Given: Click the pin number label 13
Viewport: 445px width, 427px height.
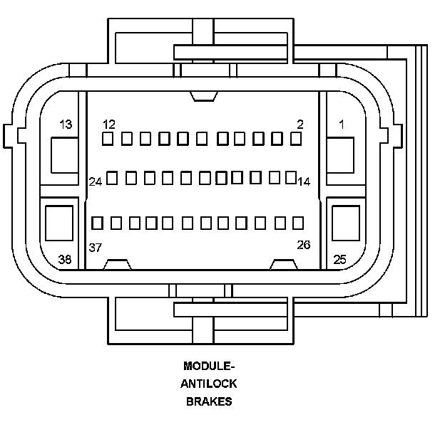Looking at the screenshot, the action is [66, 125].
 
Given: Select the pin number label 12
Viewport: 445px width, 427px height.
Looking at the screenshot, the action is [109, 125].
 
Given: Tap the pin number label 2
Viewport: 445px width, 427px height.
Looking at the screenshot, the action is [300, 125].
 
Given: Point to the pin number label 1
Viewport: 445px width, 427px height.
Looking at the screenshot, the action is [342, 125].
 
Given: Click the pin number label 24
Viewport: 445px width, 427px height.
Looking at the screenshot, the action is [96, 181].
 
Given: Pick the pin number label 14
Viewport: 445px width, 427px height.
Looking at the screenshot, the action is [304, 181].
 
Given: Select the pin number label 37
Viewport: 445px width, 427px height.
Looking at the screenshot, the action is [96, 248].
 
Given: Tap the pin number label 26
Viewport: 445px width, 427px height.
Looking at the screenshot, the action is [304, 245].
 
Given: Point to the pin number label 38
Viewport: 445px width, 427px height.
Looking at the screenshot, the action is [65, 259].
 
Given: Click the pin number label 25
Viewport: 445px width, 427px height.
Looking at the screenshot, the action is [339, 259].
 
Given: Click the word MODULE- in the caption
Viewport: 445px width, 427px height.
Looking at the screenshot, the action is [209, 366].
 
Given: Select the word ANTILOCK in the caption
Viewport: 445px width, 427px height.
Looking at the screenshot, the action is [208, 384].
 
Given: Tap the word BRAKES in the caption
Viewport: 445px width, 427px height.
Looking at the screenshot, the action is [209, 401].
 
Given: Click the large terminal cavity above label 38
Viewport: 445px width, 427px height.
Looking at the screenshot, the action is [59, 223].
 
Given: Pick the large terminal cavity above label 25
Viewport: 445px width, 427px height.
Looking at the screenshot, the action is [346, 223].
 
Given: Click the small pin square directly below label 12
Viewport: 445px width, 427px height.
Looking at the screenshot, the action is [108, 139].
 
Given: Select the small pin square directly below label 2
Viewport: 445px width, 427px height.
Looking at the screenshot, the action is [296, 139].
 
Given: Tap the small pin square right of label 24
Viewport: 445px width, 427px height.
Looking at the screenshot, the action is [112, 178].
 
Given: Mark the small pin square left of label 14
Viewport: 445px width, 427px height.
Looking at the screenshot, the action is [291, 177].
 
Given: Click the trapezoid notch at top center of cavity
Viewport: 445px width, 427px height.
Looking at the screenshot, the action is [204, 96].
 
